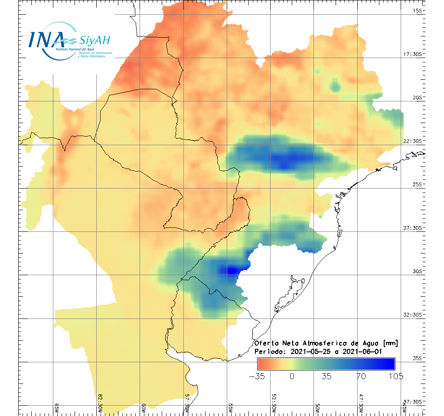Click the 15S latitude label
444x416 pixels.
tap(418, 10)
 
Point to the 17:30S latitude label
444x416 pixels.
tap(415, 54)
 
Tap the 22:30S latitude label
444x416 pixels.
tap(415, 141)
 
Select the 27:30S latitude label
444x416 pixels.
tap(415, 228)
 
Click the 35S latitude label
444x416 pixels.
tap(418, 358)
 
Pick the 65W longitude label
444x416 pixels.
tap(57, 408)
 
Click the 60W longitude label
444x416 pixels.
tap(144, 408)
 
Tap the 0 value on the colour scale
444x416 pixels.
tap(292, 376)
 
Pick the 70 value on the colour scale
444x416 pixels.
tap(361, 376)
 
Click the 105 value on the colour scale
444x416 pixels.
tap(395, 376)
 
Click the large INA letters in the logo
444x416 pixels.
tap(46, 39)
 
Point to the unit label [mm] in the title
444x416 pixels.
tap(388, 343)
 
